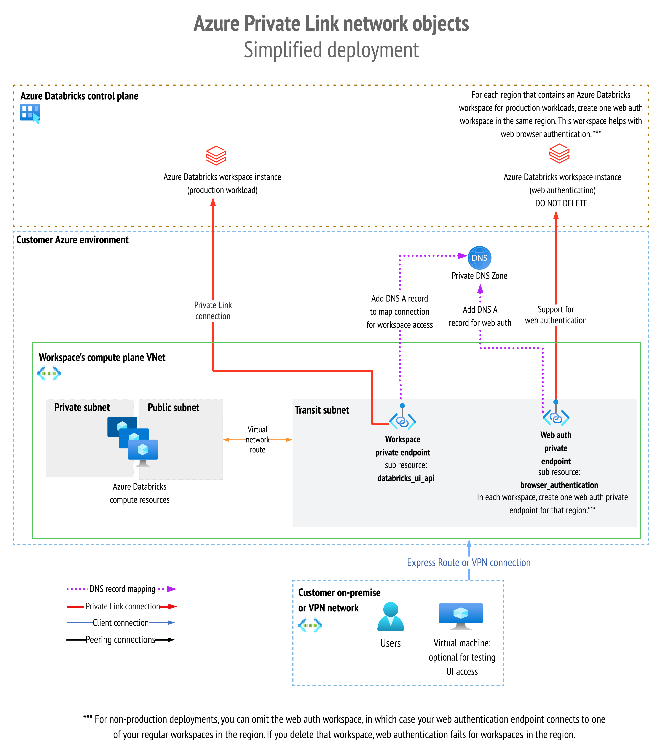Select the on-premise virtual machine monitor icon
coord(461,616)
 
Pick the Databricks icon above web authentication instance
coord(559,153)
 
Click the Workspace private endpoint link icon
coord(403,420)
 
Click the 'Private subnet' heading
coord(82,407)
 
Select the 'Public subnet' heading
coord(173,407)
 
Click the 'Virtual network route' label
coord(258,440)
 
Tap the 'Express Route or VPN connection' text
coord(468,562)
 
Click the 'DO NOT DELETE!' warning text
coord(562,203)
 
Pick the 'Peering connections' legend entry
coord(120,640)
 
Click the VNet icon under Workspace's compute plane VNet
coord(49,373)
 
